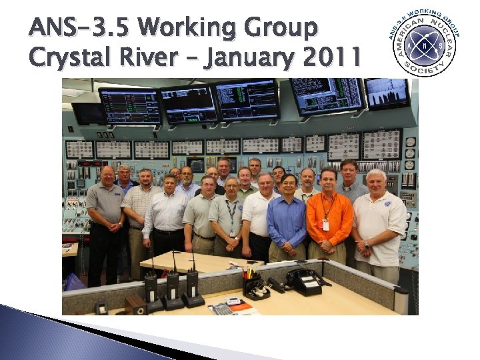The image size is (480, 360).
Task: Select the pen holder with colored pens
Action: click(x=254, y=283)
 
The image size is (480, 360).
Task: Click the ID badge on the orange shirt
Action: click(x=325, y=225)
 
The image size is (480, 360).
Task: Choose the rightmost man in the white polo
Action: click(x=377, y=220)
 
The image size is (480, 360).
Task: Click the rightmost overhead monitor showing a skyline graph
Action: click(x=387, y=94)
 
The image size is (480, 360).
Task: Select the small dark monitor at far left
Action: click(x=87, y=114)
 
